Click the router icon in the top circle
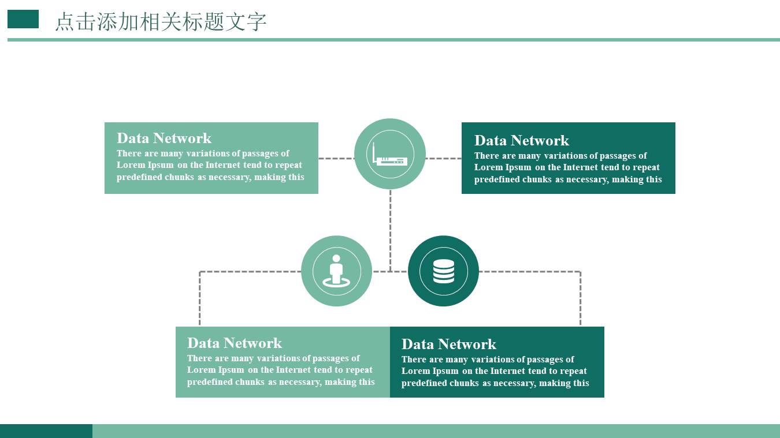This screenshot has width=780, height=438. (391, 155)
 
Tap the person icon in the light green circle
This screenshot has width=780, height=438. (336, 271)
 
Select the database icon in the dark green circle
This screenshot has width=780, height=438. (443, 271)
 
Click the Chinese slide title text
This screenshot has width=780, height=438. (161, 22)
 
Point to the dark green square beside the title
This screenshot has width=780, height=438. (23, 19)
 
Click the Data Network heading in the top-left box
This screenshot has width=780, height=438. (164, 138)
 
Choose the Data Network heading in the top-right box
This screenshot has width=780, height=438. (522, 141)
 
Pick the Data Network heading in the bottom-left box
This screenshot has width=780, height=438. (235, 343)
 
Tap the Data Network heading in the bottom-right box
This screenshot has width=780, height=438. (449, 345)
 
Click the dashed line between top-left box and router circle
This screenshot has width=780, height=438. (336, 158)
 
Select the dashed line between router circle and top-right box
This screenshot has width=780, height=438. (443, 158)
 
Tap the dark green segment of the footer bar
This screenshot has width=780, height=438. (46, 431)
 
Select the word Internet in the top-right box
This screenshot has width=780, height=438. (584, 167)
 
